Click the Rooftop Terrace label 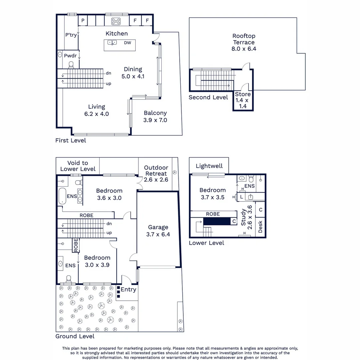(x=244, y=42)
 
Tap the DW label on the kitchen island (x=127, y=43)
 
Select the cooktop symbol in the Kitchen (x=116, y=21)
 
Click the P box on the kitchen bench (x=83, y=21)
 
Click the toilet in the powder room (x=71, y=64)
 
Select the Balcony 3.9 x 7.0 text (x=155, y=117)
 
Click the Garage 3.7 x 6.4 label (x=158, y=231)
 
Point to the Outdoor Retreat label (x=156, y=173)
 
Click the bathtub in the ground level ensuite (x=62, y=196)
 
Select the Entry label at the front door (x=128, y=289)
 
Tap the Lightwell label (x=209, y=166)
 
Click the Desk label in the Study (x=260, y=227)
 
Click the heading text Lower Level (x=206, y=243)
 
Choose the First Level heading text (x=71, y=140)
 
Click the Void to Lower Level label (x=78, y=166)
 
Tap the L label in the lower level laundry (x=241, y=197)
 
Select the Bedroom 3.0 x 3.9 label (x=97, y=261)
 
